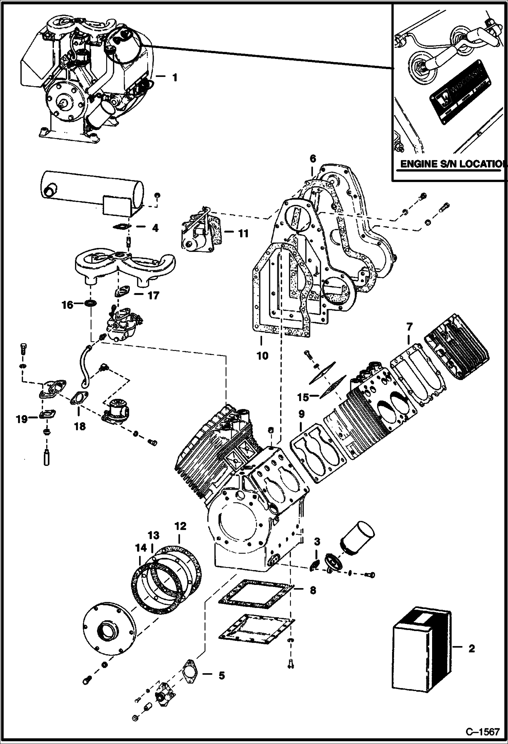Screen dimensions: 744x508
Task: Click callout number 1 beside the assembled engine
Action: (174, 78)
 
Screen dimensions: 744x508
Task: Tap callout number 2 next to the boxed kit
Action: (471, 649)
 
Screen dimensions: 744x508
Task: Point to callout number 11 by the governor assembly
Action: (243, 234)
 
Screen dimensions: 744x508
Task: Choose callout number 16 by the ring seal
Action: (67, 305)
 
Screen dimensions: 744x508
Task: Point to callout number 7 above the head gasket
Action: (409, 327)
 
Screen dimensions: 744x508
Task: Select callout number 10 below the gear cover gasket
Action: (262, 355)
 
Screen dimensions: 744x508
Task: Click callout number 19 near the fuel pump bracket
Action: (22, 419)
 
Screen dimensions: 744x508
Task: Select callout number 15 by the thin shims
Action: (304, 397)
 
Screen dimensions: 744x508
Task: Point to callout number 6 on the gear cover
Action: (312, 158)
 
